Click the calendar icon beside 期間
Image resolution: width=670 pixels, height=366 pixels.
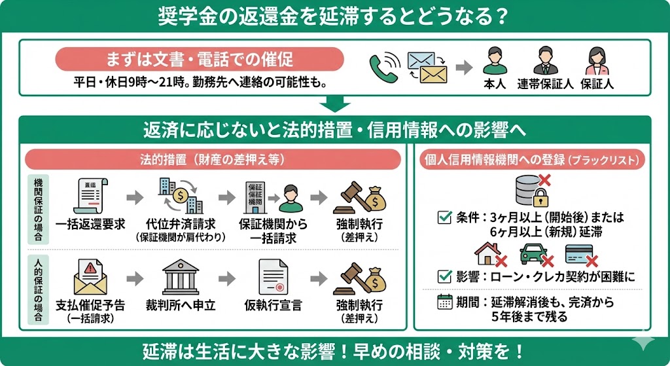click(x=444, y=302)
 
